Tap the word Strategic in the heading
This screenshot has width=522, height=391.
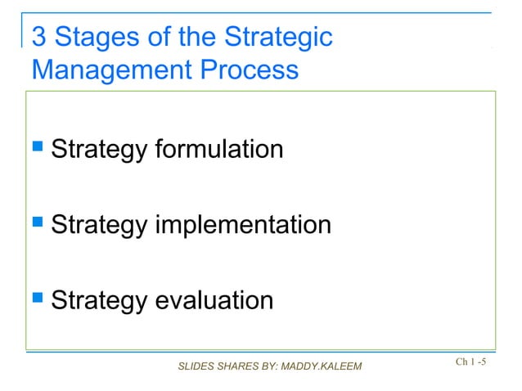pos(279,38)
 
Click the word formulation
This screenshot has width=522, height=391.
pos(218,150)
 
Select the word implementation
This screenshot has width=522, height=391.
pos(242,225)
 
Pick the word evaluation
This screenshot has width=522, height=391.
pos(213,300)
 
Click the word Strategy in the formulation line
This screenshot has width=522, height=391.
pos(99,151)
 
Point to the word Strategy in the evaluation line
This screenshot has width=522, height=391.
pos(99,301)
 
